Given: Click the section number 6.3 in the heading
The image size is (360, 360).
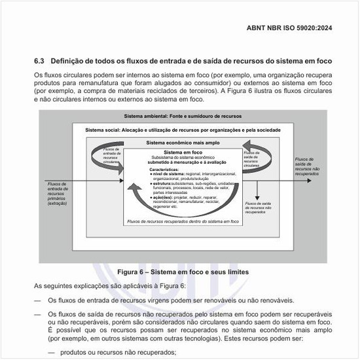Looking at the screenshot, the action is [x=39, y=61].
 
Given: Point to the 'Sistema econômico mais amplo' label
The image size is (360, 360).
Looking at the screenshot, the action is [x=183, y=142].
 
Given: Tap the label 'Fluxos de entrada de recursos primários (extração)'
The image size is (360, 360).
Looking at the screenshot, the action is [x=61, y=194].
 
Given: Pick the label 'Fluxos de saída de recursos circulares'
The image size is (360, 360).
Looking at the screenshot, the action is [x=255, y=158].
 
